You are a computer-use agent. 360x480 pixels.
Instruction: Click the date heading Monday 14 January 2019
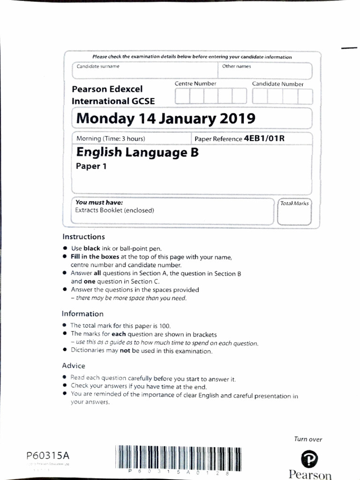point(165,118)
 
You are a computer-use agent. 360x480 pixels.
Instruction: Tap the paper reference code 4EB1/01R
point(264,139)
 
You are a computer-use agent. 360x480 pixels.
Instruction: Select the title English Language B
point(137,152)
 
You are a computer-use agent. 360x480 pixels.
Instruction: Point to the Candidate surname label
point(98,67)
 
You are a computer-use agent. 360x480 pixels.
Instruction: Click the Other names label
point(236,67)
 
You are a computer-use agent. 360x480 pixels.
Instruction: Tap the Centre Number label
point(195,83)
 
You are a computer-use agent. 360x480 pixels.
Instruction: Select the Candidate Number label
point(277,84)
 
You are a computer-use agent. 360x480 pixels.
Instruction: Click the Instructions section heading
point(83,237)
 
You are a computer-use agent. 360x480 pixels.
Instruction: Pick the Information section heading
point(82,314)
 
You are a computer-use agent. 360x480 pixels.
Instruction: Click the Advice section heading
point(74,365)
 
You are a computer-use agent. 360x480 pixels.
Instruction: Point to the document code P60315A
point(48,456)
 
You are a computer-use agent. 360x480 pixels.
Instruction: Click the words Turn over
point(308,439)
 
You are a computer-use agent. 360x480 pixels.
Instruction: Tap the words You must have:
point(99,202)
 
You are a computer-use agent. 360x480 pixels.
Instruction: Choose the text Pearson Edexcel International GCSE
point(113,95)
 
